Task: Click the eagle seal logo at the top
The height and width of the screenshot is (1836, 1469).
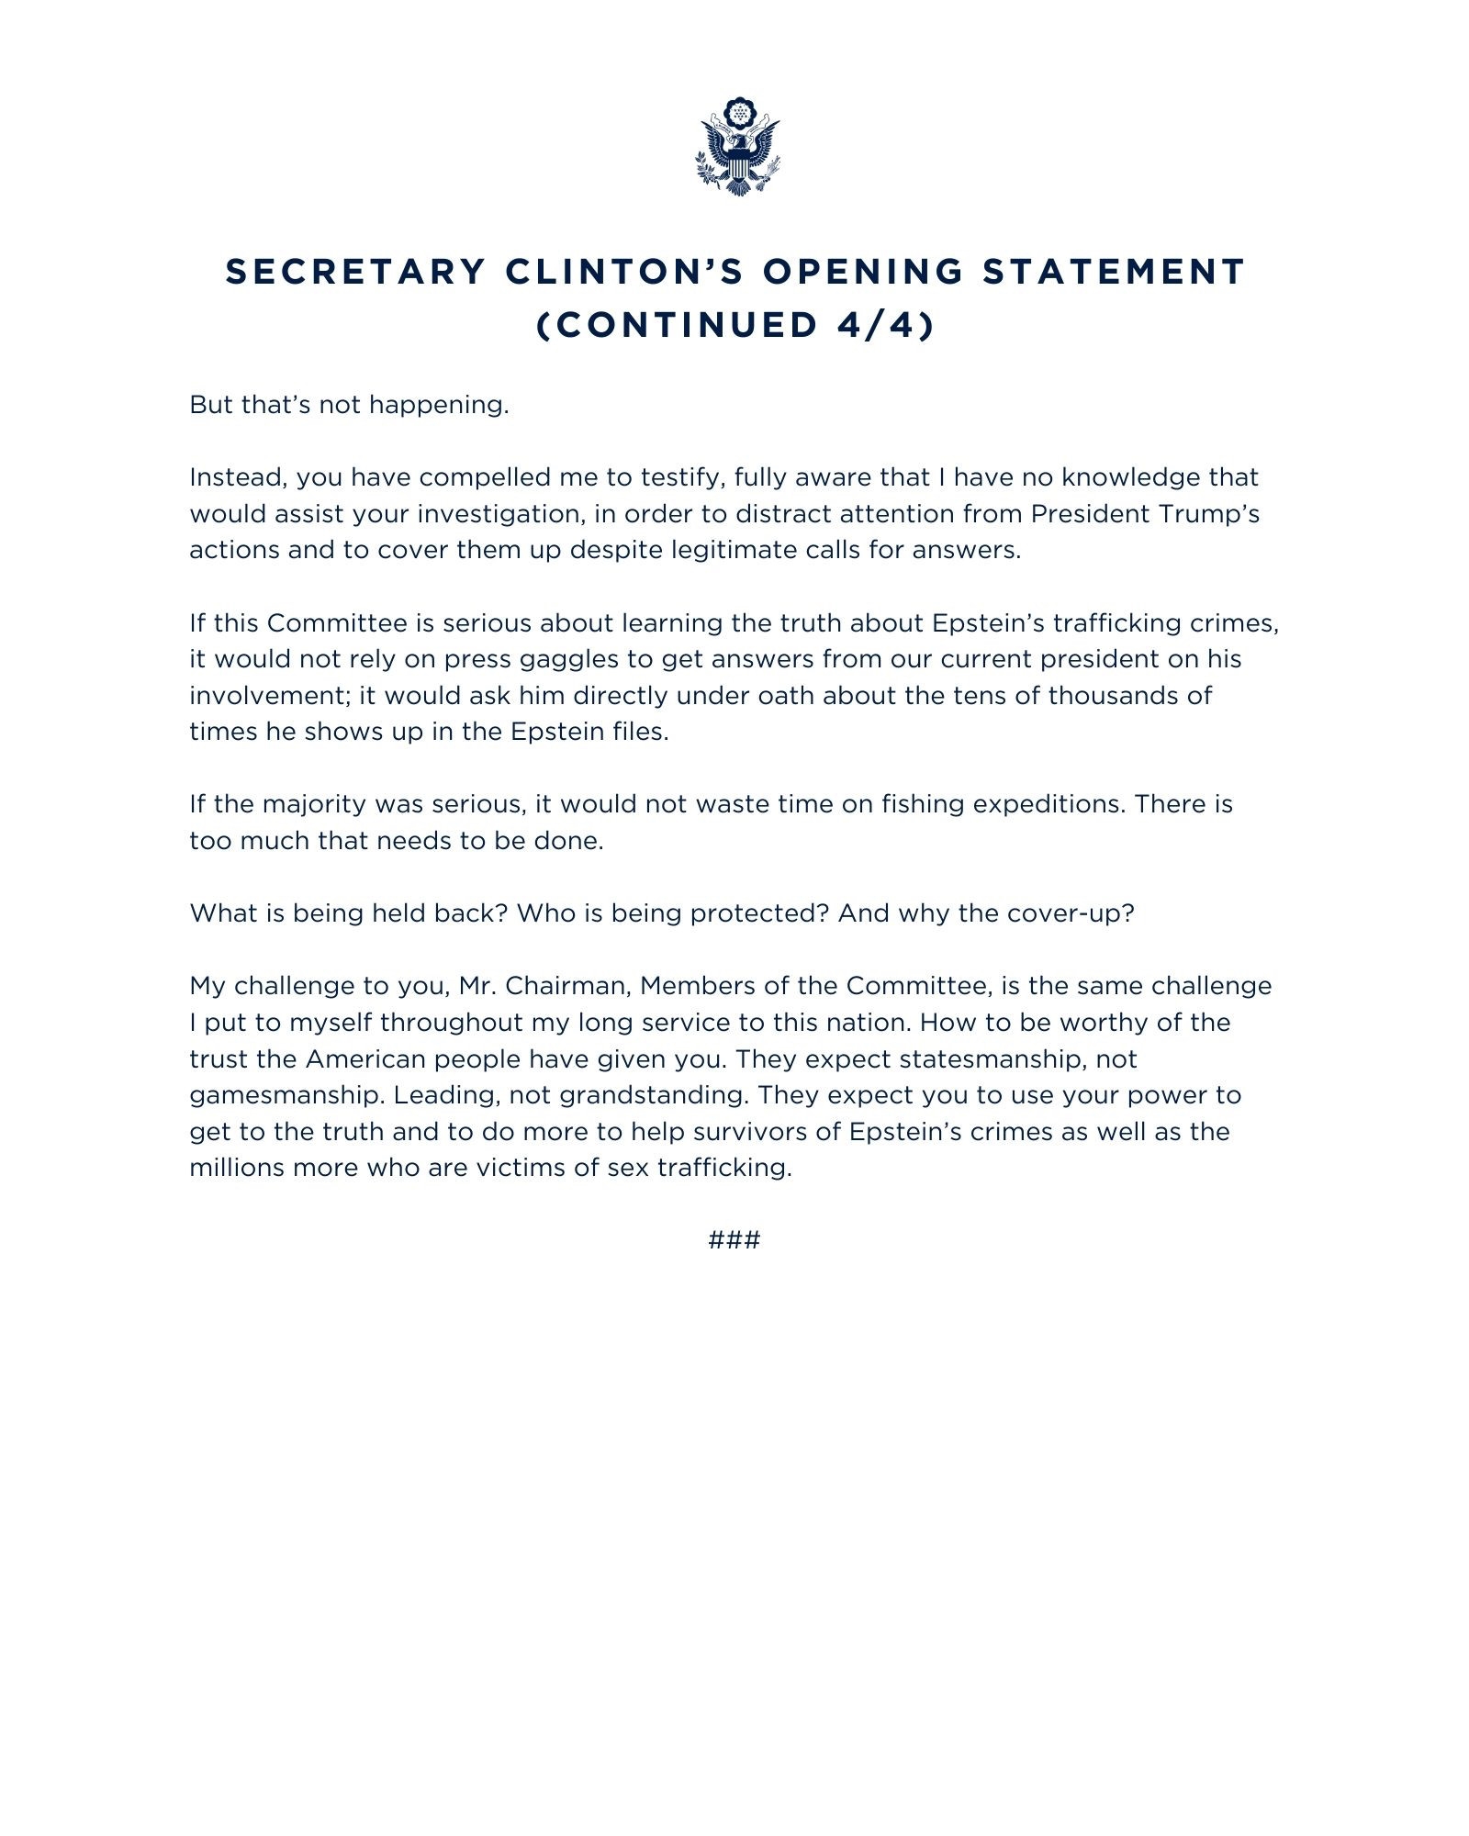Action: tap(737, 147)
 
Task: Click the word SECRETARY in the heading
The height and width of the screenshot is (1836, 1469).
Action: tap(355, 272)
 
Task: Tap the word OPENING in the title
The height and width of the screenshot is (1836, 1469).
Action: tap(863, 272)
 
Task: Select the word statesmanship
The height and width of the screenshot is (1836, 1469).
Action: tap(994, 1059)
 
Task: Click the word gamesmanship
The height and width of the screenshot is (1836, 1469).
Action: tap(285, 1095)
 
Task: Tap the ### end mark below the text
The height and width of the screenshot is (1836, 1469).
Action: tap(734, 1240)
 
